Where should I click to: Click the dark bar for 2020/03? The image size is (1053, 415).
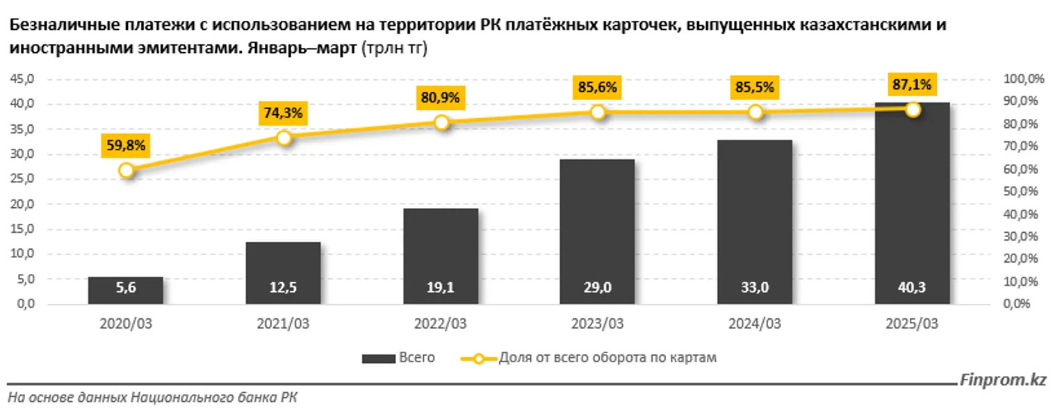pos(125,290)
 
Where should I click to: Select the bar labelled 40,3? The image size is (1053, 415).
pos(912,209)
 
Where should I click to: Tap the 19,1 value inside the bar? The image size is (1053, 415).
pos(440,286)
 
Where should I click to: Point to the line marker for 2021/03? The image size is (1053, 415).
pos(284,138)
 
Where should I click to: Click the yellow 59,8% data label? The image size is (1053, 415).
pos(126,145)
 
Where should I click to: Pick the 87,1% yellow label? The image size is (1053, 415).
pos(912,85)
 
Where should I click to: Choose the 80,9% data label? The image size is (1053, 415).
pos(440,97)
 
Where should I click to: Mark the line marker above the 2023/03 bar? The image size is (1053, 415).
pos(597,112)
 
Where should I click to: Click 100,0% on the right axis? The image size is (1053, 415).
pos(1025,79)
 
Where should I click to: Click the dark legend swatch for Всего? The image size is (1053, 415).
pos(377,359)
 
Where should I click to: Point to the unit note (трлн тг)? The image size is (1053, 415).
pos(390,49)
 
